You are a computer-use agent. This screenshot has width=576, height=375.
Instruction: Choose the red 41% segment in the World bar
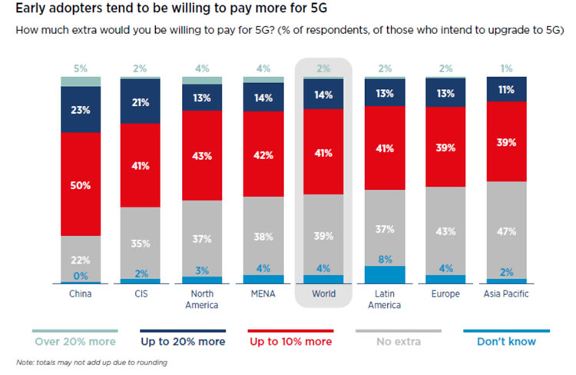(323, 151)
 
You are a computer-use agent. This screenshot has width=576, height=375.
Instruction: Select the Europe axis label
(445, 294)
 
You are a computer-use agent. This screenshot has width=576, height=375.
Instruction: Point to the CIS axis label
(140, 294)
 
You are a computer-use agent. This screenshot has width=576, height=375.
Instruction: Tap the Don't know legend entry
(505, 340)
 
